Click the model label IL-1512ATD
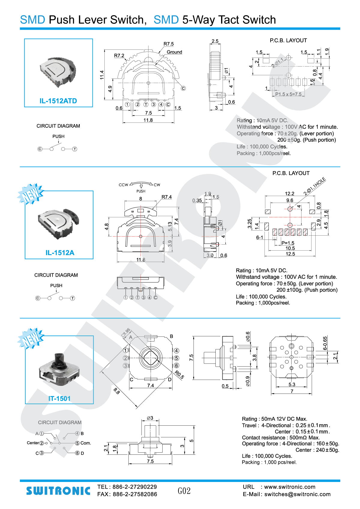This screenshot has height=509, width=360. [58, 101]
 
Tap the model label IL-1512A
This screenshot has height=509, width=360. [60, 253]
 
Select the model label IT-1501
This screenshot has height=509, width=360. [59, 399]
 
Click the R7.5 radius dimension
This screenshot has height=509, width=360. [169, 44]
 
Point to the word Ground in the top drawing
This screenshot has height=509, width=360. [174, 52]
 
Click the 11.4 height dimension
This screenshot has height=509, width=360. [102, 75]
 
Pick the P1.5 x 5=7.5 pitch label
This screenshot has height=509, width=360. [288, 94]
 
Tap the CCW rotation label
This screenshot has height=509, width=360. [123, 185]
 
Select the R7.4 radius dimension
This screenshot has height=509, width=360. [166, 197]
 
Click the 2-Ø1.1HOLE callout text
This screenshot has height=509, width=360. [314, 186]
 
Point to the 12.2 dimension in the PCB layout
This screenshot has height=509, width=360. [289, 194]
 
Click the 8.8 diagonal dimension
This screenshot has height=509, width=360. [117, 391]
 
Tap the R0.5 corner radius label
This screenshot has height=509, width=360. [179, 375]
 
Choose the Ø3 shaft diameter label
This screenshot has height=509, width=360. [150, 418]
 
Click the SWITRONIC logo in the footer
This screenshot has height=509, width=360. [58, 491]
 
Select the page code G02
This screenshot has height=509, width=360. [184, 491]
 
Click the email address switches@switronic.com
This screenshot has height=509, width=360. [297, 495]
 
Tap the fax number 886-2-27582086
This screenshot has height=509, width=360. [135, 495]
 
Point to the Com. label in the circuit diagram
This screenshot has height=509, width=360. [85, 443]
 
